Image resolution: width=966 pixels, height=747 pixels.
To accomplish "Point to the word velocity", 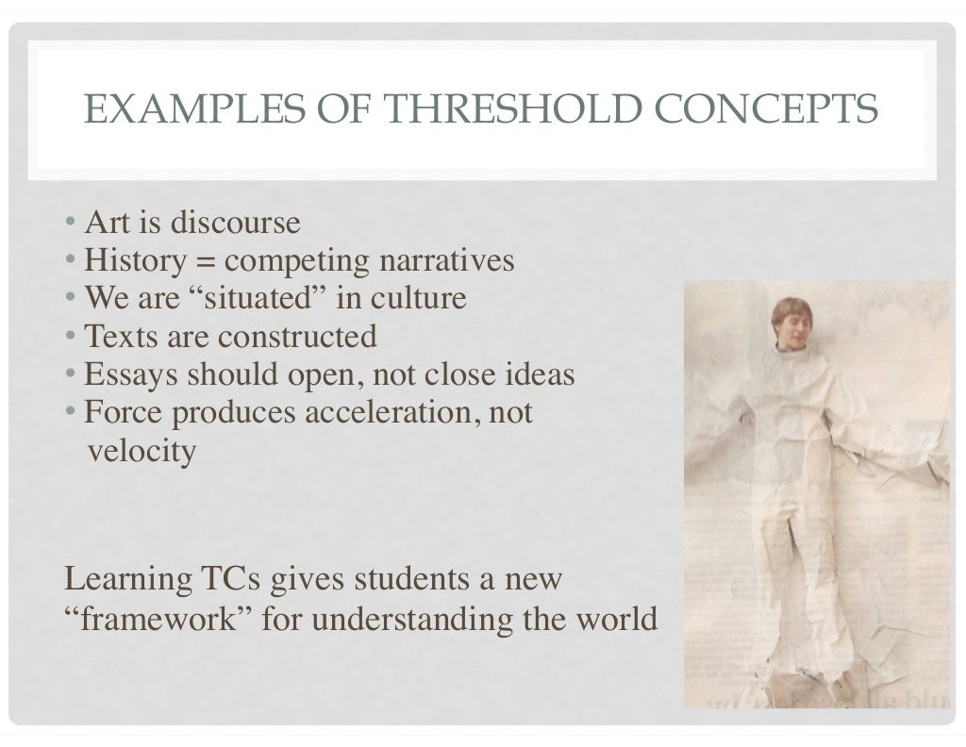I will (142, 452).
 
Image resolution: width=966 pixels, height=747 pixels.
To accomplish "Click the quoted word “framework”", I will (157, 621).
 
